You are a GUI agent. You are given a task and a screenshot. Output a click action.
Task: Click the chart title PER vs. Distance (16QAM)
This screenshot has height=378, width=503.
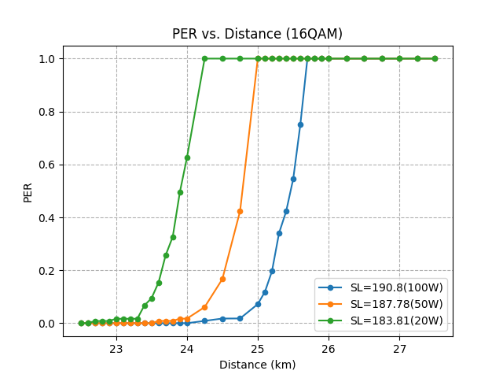(257, 34)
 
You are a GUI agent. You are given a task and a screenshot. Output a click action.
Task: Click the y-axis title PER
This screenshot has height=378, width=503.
(28, 191)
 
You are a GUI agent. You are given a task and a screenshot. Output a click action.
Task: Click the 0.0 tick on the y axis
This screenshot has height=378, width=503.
(46, 324)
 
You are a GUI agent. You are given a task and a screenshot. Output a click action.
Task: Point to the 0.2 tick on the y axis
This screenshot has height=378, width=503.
(46, 271)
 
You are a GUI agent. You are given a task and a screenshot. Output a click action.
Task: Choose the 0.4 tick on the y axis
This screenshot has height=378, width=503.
(46, 218)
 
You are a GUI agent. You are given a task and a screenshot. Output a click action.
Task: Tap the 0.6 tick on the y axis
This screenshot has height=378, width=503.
(46, 165)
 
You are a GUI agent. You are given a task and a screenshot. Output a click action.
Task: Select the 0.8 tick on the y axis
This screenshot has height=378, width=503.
(46, 112)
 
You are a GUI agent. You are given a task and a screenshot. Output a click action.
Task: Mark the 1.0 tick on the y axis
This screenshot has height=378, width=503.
(46, 59)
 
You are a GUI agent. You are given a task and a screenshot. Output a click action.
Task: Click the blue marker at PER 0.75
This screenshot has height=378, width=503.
(300, 124)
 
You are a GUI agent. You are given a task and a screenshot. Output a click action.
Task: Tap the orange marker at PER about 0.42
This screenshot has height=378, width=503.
(240, 211)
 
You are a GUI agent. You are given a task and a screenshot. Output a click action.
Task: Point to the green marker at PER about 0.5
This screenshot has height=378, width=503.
(180, 192)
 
